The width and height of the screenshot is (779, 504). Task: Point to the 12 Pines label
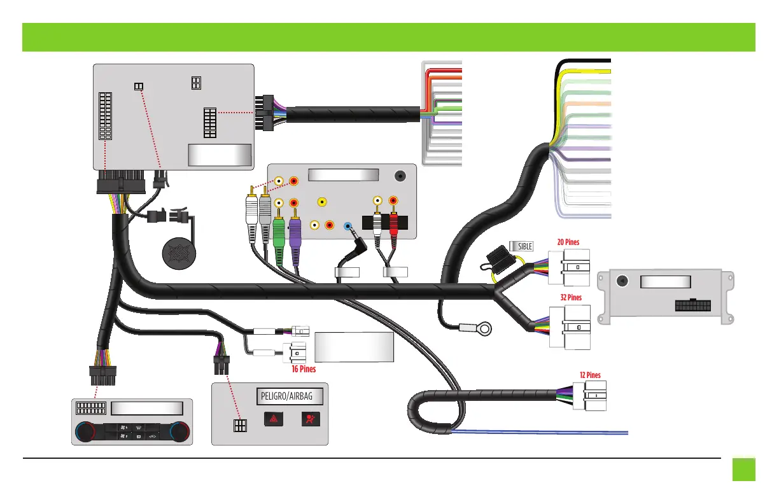point(590,375)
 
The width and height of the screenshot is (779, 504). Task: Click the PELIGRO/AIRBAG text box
point(290,397)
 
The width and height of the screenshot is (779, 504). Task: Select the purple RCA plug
point(295,229)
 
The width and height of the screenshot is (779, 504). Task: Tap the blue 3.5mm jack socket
point(347,226)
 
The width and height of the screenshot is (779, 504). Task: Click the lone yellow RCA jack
point(323,203)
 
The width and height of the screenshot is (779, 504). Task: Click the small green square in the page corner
point(743,470)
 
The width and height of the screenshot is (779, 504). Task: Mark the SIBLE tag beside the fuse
point(521,246)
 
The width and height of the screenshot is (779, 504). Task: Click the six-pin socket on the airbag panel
point(240,426)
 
